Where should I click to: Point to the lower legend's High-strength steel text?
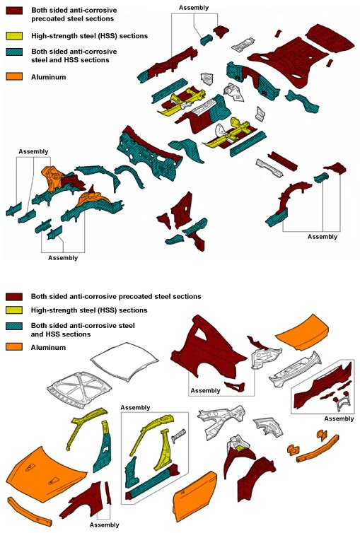88,310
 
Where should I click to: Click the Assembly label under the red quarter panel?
206,390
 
